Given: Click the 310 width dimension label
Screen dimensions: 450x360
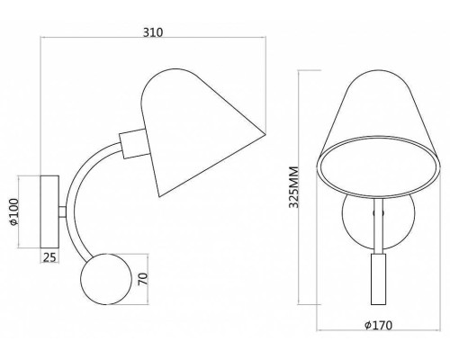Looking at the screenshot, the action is (x=153, y=32).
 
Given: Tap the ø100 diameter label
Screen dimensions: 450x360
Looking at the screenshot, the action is (x=14, y=211).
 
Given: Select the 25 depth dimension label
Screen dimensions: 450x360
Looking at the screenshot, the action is (x=49, y=257).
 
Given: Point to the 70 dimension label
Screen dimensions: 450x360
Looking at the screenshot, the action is (x=144, y=279).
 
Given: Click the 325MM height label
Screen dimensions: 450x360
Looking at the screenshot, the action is (x=293, y=187).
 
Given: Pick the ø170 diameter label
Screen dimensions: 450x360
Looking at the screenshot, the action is (x=379, y=325).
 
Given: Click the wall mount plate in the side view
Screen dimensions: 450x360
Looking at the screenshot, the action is (x=49, y=211).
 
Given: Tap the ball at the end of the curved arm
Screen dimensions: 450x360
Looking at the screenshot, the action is (x=106, y=279).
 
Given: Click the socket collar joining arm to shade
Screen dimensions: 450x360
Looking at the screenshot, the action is (x=134, y=143).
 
